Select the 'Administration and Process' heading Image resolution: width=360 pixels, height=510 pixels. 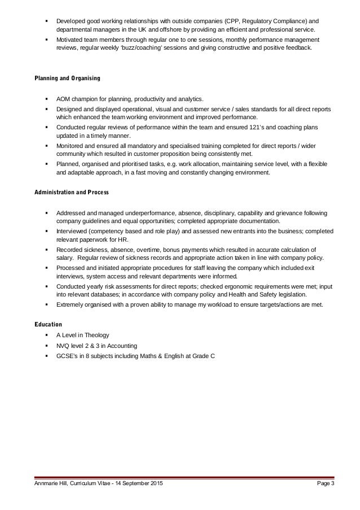click(68, 193)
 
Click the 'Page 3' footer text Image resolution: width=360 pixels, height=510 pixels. click(323, 485)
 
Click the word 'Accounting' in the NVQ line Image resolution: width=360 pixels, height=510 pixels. click(119, 346)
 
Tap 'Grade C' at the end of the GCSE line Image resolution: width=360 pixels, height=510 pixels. click(203, 356)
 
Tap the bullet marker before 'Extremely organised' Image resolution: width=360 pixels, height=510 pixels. click(45, 306)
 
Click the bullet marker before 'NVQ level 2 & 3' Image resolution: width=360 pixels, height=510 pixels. click(45, 346)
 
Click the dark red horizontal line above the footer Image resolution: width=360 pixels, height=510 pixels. click(180, 477)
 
